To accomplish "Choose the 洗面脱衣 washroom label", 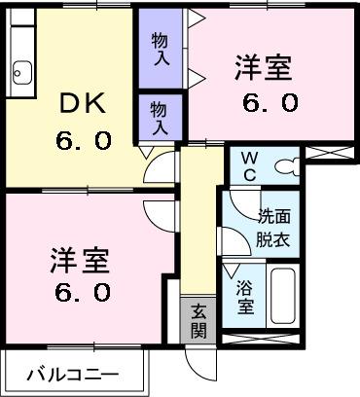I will [x=272, y=227].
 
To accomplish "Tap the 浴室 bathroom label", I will [x=245, y=295].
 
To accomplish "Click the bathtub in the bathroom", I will [x=283, y=295].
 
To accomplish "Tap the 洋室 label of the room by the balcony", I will [x=79, y=260].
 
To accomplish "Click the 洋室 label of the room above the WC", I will [x=264, y=71].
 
